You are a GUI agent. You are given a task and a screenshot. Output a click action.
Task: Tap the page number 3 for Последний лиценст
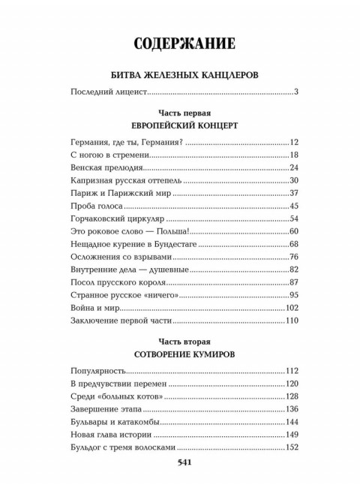[297, 93]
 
